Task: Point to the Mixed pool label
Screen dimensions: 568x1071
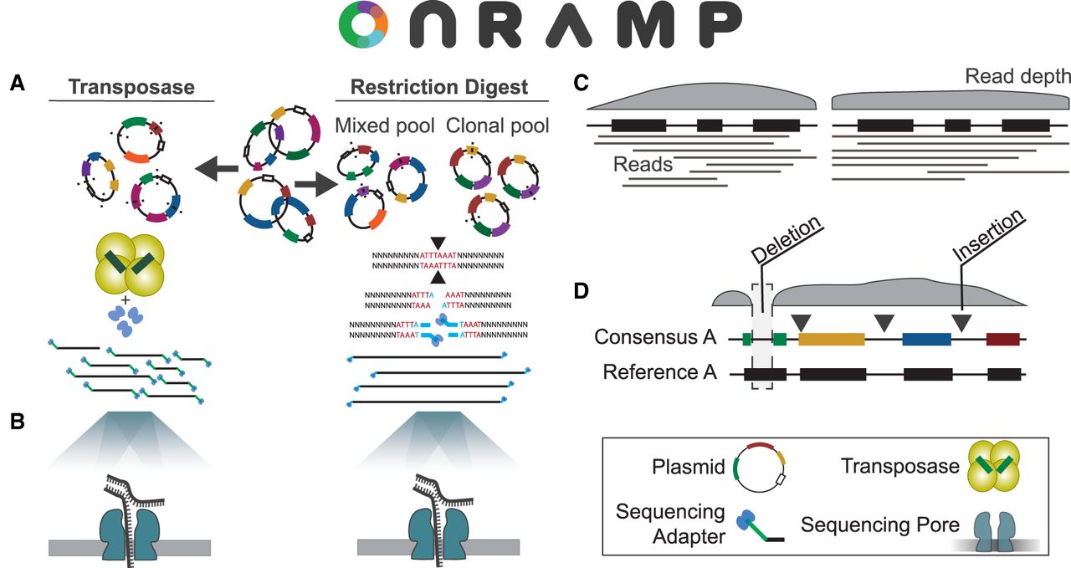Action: (384, 126)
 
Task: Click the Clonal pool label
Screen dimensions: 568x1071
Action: (497, 126)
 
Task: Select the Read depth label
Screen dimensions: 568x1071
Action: (1017, 77)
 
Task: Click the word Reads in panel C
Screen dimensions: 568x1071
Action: (643, 164)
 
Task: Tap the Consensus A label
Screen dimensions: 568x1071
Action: (655, 338)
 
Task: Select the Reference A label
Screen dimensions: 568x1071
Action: (659, 372)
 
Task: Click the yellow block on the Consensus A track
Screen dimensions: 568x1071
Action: (831, 339)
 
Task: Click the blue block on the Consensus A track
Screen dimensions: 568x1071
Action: (926, 339)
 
